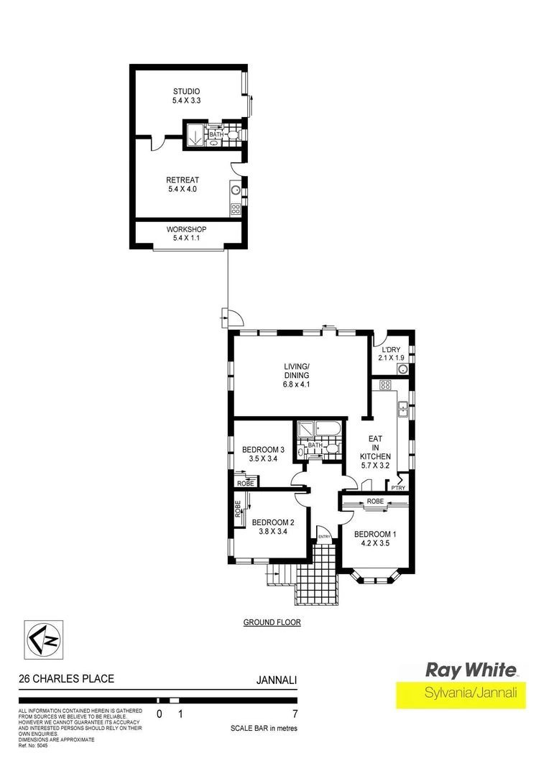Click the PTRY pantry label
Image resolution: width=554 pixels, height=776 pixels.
pyautogui.click(x=398, y=489)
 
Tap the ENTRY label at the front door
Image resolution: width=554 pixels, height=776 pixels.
pyautogui.click(x=324, y=536)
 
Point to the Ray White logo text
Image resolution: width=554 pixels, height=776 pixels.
pyautogui.click(x=471, y=670)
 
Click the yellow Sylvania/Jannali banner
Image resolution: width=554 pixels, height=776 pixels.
pyautogui.click(x=461, y=695)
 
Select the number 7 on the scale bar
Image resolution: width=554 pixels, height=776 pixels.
pyautogui.click(x=295, y=714)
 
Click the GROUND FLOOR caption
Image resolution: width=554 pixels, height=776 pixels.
pyautogui.click(x=272, y=623)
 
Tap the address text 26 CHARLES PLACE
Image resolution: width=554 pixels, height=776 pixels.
pyautogui.click(x=66, y=678)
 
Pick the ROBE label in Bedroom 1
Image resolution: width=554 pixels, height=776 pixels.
pyautogui.click(x=374, y=501)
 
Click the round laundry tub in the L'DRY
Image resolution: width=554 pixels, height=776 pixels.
pyautogui.click(x=404, y=370)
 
